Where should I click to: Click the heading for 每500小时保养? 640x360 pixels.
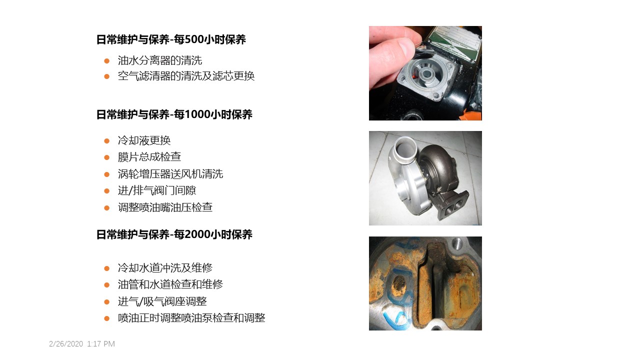pos(171,39)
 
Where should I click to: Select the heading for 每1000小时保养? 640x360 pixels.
pos(174,114)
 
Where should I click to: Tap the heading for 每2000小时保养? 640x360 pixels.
pos(174,234)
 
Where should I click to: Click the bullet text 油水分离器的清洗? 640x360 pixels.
pos(159,60)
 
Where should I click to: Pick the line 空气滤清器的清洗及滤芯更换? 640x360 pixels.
pos(186,75)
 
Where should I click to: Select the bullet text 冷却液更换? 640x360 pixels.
pos(144,140)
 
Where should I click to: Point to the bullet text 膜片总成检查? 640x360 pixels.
pos(149,156)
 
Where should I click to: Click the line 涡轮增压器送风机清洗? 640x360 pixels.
pos(170,173)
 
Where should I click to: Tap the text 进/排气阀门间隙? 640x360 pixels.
pos(157,190)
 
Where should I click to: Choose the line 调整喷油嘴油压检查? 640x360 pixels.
pos(165,207)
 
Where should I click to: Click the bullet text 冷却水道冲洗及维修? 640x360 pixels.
pos(165,267)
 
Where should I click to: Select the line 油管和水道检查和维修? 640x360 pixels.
pos(170,284)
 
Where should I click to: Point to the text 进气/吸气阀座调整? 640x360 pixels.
pos(162,301)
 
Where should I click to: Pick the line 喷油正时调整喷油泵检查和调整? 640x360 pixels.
pos(191,317)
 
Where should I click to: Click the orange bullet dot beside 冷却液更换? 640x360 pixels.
pos(107,140)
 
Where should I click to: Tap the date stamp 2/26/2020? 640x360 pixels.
pos(66,343)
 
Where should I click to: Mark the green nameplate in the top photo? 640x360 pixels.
pos(454,43)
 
